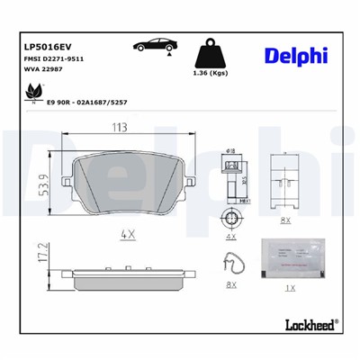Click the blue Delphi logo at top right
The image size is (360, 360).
point(296,56)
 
